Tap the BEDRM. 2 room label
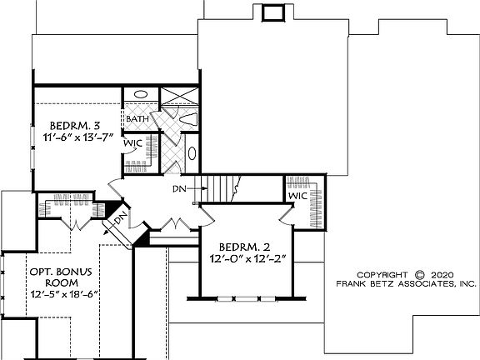[x=246, y=247]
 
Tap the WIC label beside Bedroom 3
[x=135, y=143]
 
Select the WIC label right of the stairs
[x=298, y=196]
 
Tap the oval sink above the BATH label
[x=139, y=96]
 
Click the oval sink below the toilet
[x=192, y=153]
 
